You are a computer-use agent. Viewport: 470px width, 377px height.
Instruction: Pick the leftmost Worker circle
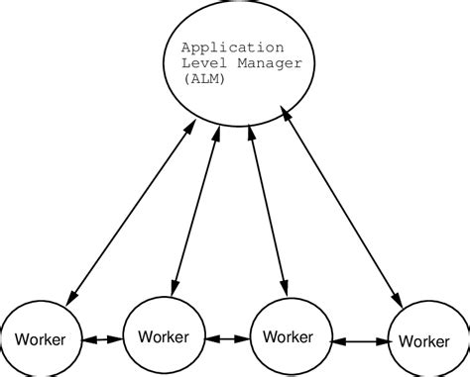40,339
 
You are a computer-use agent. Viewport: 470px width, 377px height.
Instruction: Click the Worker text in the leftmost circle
40,340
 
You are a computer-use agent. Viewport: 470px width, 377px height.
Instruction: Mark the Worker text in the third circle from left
291,336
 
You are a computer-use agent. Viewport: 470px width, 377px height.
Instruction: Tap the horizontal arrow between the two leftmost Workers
102,339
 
